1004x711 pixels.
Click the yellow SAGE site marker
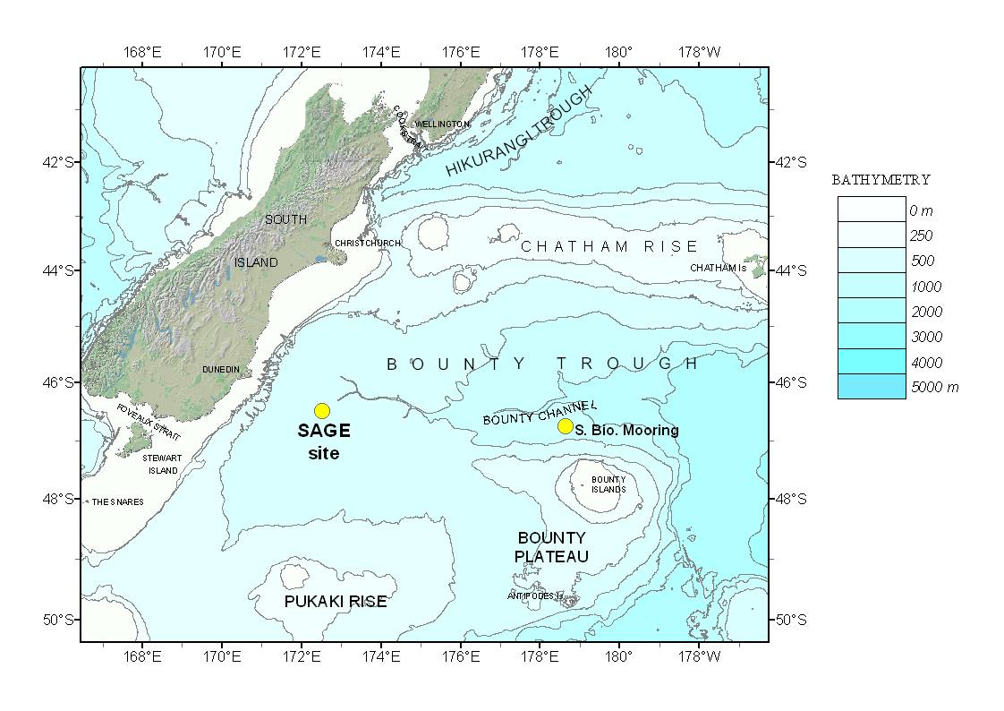click(322, 411)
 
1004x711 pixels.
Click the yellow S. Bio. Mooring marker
click(566, 426)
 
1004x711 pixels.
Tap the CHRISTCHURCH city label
click(367, 244)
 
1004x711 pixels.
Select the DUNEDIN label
click(221, 369)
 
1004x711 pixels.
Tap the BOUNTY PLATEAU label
click(551, 547)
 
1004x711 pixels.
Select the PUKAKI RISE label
click(336, 602)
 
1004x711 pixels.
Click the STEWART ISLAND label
click(161, 464)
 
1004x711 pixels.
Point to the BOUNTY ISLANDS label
click(608, 484)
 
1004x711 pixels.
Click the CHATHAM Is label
click(718, 268)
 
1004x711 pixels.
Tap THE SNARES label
click(117, 502)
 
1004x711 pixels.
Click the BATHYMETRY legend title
click(881, 180)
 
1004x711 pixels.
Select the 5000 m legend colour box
click(872, 387)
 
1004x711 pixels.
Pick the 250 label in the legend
click(922, 236)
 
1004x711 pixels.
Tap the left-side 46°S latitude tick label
click(63, 382)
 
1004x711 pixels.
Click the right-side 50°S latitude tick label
click(791, 620)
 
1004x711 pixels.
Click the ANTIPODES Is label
click(535, 595)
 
